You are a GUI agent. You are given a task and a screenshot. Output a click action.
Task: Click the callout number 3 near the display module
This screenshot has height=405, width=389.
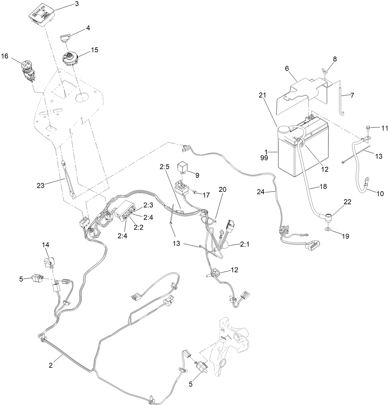(x=76, y=4)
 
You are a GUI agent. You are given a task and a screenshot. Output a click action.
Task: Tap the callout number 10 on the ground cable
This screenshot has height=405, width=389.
(x=380, y=194)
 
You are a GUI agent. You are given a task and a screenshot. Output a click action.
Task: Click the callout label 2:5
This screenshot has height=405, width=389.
(x=165, y=167)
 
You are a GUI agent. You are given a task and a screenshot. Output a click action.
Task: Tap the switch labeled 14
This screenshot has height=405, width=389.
(x=48, y=260)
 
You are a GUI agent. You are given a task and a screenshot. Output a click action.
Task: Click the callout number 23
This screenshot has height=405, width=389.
(x=41, y=186)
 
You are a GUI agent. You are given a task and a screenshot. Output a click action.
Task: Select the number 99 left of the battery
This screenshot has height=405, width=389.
(x=264, y=157)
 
